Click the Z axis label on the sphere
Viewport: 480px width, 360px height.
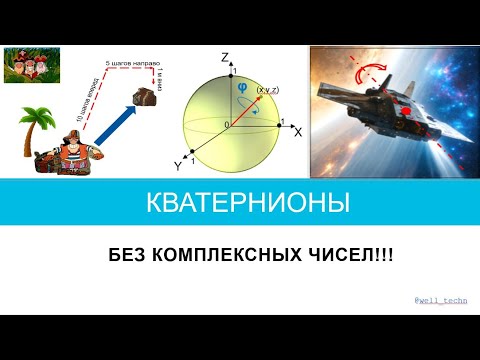coord(227,57)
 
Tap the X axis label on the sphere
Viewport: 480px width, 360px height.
coord(297,132)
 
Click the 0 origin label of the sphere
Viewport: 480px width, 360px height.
coord(226,124)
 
